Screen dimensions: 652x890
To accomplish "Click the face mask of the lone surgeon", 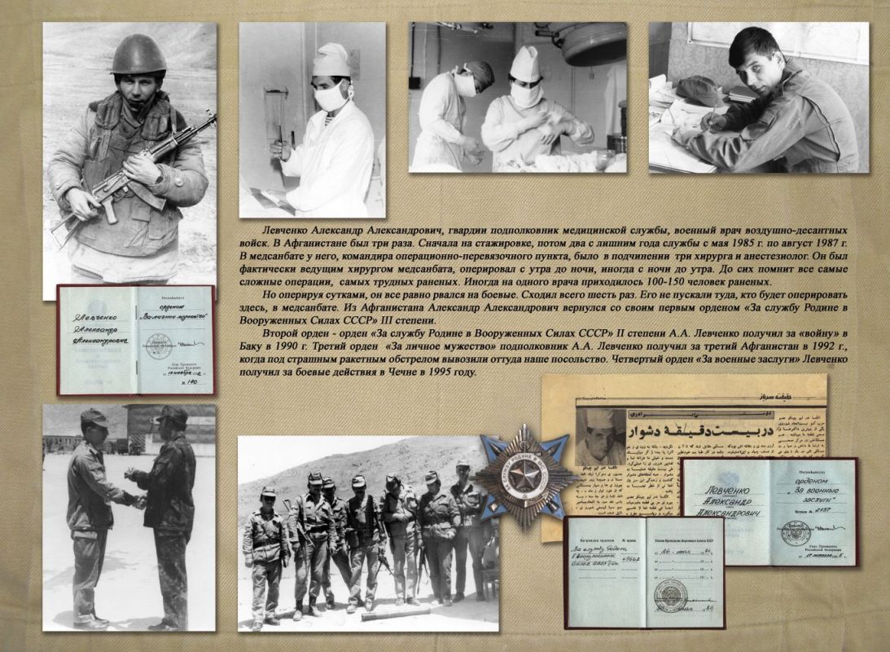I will pyautogui.click(x=332, y=95).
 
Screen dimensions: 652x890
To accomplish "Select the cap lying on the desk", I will pyautogui.click(x=699, y=90).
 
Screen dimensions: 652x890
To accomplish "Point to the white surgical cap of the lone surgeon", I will pyautogui.click(x=331, y=59).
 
